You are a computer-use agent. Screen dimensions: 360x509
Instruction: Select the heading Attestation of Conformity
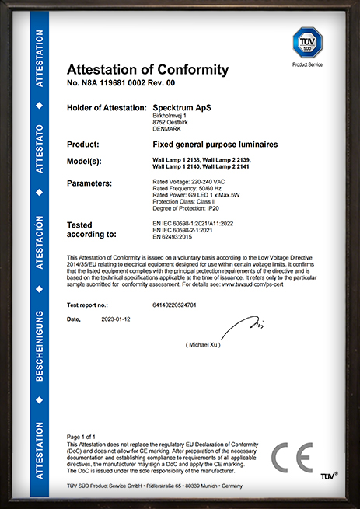148,70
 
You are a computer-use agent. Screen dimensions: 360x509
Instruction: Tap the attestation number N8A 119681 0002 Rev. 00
121,82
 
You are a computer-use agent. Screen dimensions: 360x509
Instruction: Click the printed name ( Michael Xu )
203,343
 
